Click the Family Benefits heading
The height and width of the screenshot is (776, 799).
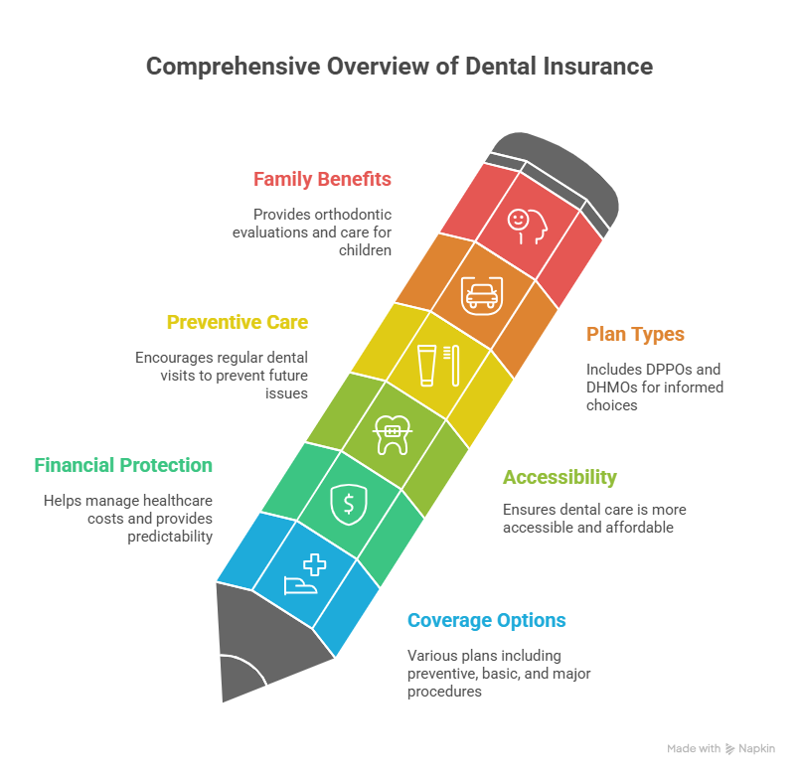click(x=322, y=180)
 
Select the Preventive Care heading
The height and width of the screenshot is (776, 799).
click(x=237, y=322)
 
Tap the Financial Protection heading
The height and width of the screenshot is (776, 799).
click(x=123, y=465)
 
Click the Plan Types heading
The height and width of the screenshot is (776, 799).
click(x=635, y=334)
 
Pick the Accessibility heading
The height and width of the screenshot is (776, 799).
click(x=559, y=477)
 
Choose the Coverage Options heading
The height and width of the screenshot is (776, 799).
click(x=486, y=621)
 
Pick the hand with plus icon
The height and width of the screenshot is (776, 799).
click(x=306, y=574)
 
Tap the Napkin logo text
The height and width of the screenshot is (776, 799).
click(x=756, y=749)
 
